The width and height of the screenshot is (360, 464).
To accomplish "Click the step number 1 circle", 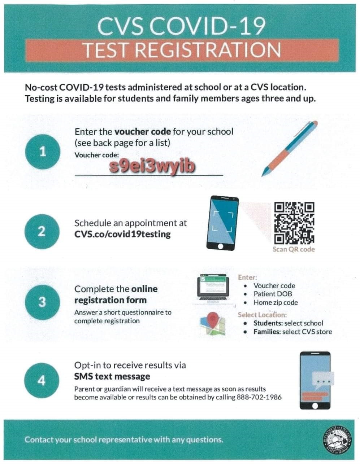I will coord(42,152).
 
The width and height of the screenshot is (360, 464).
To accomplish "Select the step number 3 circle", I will coord(42,302).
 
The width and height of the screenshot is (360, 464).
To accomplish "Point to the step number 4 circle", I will coord(42,381).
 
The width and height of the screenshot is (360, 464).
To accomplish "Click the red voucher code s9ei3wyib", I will coord(152,167).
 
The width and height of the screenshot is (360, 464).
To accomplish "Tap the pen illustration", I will coord(290,148).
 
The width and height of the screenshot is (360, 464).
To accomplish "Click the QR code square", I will coord(294,222).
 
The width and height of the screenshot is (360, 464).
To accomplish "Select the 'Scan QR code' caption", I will coord(294,249).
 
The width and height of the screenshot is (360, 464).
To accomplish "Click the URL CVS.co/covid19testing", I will coord(122,234).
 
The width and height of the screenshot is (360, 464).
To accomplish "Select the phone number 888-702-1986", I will coord(259,397).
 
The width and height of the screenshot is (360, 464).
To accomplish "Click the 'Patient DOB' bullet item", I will coord(273,294).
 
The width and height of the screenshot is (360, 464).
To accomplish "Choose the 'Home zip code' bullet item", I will coord(276,303).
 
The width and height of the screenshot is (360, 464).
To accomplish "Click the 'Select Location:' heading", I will coord(262,315).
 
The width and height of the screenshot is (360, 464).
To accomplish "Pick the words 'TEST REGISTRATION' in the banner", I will coord(182,50).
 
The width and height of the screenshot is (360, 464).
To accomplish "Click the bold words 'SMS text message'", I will coord(112,377).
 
